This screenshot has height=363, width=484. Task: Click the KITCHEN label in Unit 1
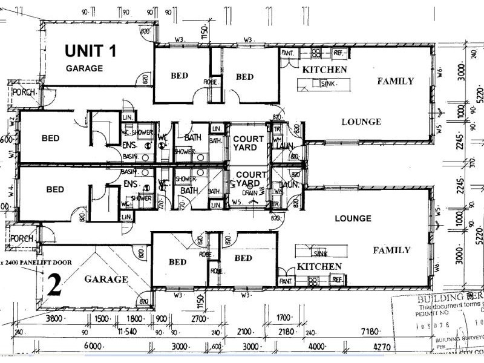pos(325,70)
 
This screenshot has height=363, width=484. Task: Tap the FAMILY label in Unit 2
pos(391,250)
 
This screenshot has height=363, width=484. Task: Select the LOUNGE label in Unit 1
pos(361,122)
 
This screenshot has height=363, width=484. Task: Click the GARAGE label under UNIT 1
pos(84,68)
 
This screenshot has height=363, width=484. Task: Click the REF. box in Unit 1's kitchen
pos(338,53)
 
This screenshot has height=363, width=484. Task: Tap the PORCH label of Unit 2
pos(22,239)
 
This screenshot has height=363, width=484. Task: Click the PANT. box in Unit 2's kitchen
pos(286,281)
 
